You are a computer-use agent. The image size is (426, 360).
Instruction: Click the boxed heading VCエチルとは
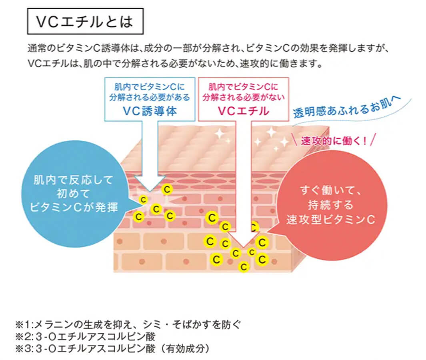coord(84,22)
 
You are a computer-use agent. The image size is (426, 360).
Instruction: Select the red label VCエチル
coord(243,111)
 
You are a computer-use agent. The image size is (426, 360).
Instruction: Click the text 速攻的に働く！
coord(334,141)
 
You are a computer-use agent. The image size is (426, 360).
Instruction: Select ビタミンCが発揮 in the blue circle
coord(76,208)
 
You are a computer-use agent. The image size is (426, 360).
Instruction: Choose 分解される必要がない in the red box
coord(243,97)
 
